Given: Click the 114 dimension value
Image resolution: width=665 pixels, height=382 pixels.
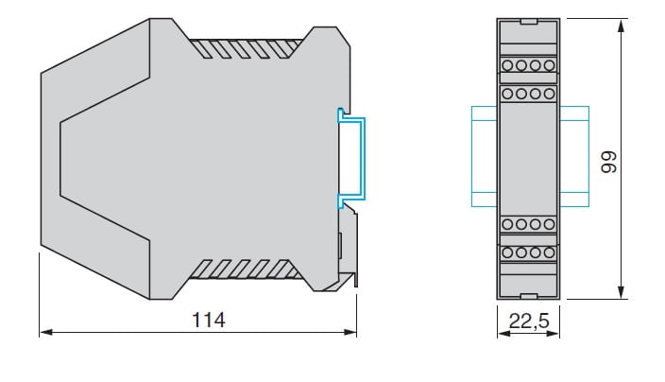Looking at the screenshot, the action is pos(209,320).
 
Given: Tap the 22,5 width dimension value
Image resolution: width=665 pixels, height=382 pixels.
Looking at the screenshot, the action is pos(529,321).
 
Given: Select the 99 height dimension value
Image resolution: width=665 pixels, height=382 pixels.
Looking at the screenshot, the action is pos(609,162).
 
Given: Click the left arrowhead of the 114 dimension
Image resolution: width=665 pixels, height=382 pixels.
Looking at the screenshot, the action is pos(45,332).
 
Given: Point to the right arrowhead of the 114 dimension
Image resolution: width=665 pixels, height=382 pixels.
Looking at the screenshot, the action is pos(350,332).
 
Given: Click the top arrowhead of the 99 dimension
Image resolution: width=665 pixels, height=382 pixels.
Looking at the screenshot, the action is pos(621,26).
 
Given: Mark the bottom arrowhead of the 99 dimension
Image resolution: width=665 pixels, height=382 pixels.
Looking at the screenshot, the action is pos(621,292).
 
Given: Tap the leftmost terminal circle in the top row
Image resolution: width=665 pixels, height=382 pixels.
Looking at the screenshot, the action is pos(507,65).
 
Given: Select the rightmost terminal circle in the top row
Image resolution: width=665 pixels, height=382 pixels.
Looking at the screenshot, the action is pos(549,65).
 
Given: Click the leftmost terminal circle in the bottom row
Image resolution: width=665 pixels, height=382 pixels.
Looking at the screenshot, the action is pos(507,253).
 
